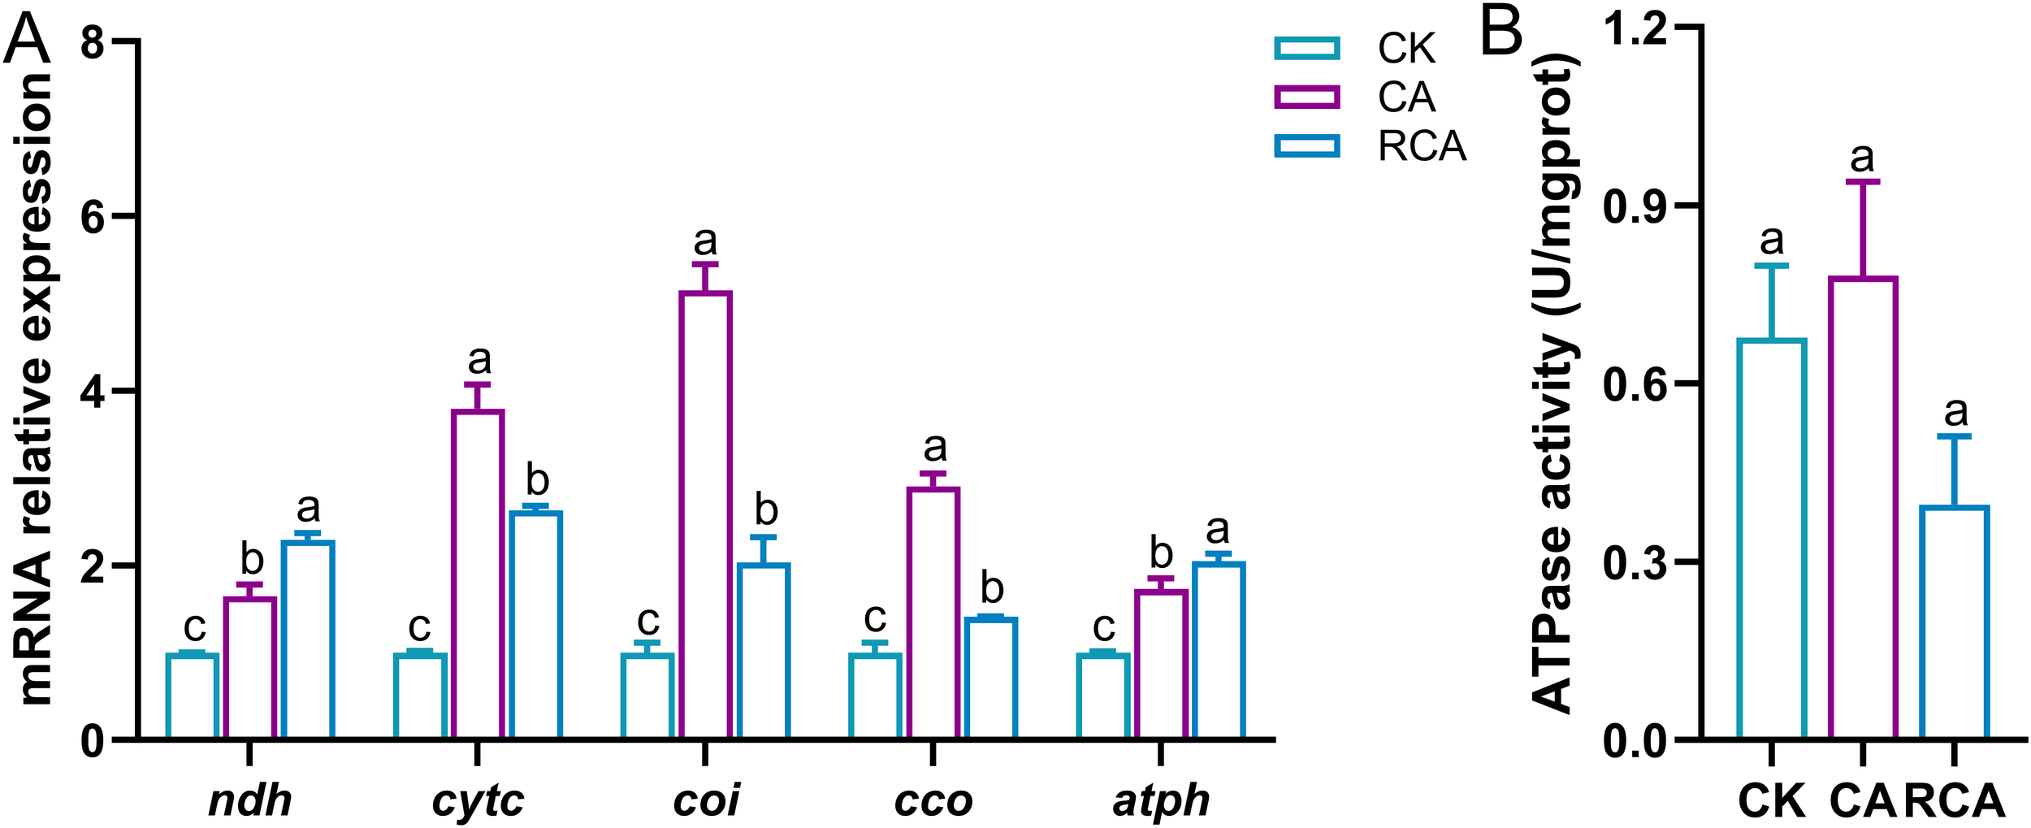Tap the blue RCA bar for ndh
pyautogui.click(x=308, y=639)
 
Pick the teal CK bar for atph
pyautogui.click(x=1102, y=696)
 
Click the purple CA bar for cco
pyautogui.click(x=933, y=613)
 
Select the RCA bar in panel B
pyautogui.click(x=1954, y=622)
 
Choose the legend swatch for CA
pyautogui.click(x=1306, y=98)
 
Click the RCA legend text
pyautogui.click(x=1422, y=147)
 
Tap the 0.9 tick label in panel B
pyautogui.click(x=1635, y=206)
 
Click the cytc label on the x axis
pyautogui.click(x=478, y=801)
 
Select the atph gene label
pyautogui.click(x=1160, y=801)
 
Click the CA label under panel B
pyautogui.click(x=1862, y=801)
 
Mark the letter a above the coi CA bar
pyautogui.click(x=705, y=241)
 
